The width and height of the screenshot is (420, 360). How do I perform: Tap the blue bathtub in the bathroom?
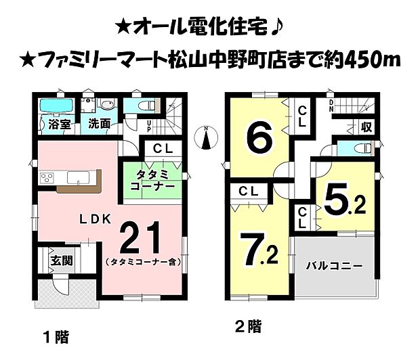[55, 106]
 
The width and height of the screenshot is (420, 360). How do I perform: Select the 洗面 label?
[99, 125]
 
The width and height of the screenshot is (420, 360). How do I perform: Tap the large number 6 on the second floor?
[259, 138]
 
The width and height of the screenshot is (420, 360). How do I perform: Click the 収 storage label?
[366, 127]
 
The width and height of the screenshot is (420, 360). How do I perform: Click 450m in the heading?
[366, 60]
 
